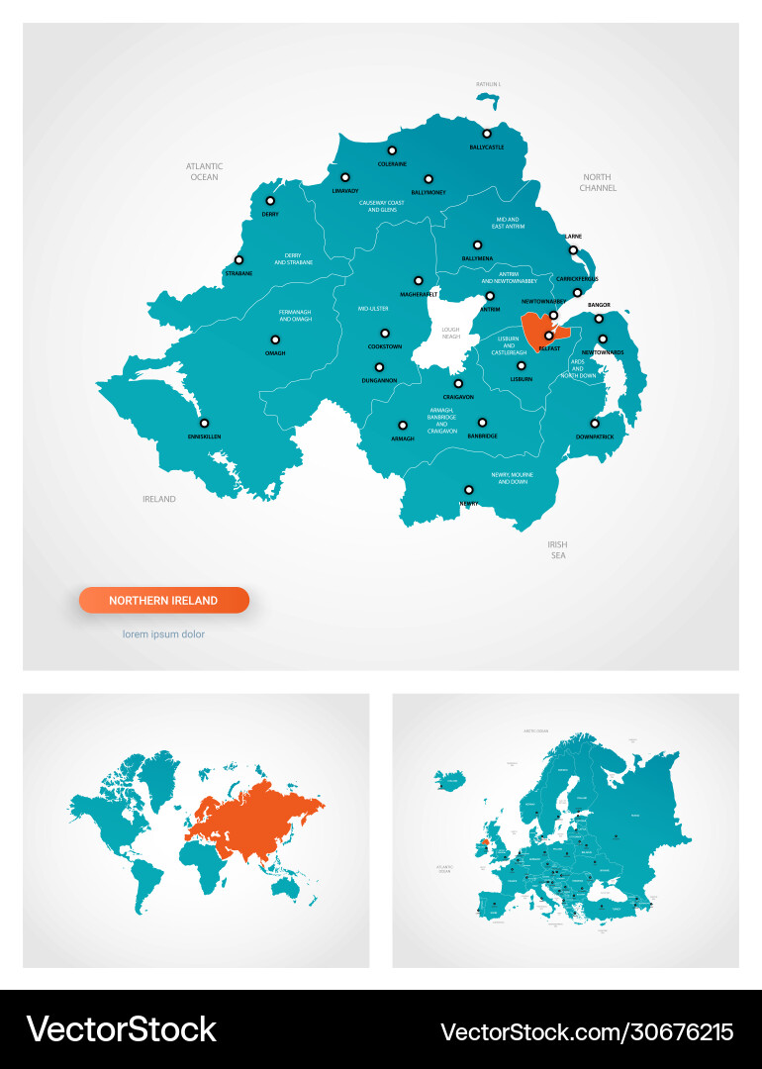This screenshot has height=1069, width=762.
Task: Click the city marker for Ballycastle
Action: coord(487,134)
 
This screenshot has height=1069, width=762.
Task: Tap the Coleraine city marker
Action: coord(392,150)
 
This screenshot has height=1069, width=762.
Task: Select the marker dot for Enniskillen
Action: coord(205,424)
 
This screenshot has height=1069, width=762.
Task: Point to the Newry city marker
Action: coord(469,489)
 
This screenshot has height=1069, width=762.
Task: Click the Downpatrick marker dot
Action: coord(595,424)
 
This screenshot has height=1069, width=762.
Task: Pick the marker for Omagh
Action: coord(274,340)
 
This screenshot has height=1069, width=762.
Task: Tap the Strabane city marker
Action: coord(238,260)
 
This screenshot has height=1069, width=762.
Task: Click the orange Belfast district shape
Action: coord(535,329)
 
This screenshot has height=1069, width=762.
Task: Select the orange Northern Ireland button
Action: coord(164,600)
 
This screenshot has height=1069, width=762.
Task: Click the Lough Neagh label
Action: coord(450,333)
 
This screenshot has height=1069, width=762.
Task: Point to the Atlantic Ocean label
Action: coord(204,171)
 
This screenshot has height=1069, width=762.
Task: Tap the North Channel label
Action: coord(598,182)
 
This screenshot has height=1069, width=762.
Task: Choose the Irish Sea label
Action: coord(557,550)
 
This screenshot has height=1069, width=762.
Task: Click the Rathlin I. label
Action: coord(488,84)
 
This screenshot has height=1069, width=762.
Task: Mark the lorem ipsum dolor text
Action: coord(163,634)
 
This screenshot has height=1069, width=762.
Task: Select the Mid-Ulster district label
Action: coord(373,309)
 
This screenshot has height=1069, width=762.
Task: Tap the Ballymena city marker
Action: coord(477,244)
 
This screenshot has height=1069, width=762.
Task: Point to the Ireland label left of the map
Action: coord(158,499)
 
